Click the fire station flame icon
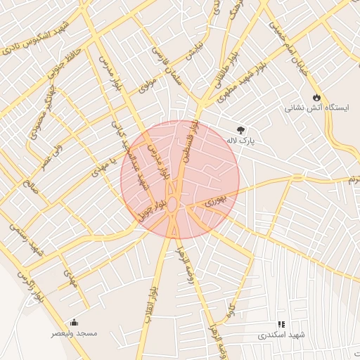click(x=316, y=97)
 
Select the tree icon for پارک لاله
click(x=241, y=130)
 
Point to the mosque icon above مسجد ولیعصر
click(x=75, y=322)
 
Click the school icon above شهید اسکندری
click(x=281, y=324)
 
